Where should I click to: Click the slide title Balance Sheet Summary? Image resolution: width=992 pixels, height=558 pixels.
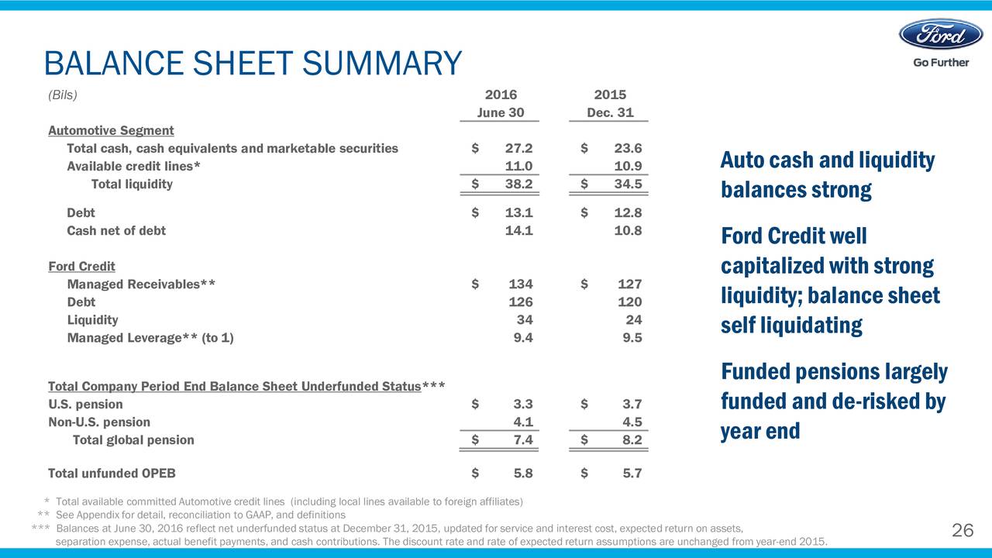coord(253,64)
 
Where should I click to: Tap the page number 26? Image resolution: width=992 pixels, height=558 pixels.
coord(962,530)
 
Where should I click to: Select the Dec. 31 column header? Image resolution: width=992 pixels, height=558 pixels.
coord(610,112)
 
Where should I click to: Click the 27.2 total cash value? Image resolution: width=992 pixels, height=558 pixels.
coord(518,148)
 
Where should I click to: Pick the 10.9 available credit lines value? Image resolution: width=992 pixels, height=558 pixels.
coord(627,166)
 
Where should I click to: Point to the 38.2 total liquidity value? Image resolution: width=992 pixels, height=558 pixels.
coord(518,184)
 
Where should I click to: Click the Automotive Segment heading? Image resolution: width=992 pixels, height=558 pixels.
coord(111,130)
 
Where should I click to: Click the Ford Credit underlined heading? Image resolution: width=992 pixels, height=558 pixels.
coord(81,266)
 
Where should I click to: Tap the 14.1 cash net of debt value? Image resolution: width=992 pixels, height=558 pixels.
coord(518,230)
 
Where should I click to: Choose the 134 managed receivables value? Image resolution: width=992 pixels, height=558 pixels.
coord(520,284)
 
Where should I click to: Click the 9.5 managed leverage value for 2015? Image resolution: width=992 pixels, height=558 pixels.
coord(632,338)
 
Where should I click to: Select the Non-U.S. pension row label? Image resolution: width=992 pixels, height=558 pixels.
coord(99,422)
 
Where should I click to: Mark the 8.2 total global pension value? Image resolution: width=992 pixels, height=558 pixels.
coord(632,440)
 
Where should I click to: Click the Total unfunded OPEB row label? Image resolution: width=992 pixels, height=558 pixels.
coord(117,474)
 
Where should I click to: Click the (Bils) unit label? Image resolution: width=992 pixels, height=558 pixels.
coord(63,95)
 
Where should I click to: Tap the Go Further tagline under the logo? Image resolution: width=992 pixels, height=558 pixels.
coord(940,62)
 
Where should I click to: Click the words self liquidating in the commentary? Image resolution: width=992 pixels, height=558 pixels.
coord(791,325)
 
